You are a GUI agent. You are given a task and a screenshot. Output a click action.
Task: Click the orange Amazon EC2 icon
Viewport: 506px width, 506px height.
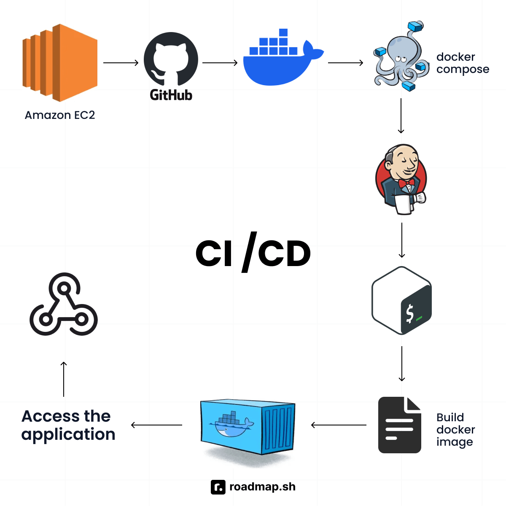click(x=60, y=62)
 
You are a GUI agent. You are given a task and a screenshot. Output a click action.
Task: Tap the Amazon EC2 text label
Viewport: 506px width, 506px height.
click(x=60, y=115)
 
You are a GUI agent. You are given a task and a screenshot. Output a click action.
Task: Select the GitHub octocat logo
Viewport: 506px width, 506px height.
click(x=171, y=59)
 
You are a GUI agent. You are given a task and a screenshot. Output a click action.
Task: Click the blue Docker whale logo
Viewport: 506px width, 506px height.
click(x=280, y=59)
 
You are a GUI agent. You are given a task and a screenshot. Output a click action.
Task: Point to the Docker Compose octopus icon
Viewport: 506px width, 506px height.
click(x=398, y=57)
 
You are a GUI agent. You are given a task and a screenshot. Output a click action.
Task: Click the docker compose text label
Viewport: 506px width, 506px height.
click(x=463, y=63)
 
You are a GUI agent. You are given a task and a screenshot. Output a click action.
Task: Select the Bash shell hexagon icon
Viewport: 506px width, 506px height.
click(x=401, y=300)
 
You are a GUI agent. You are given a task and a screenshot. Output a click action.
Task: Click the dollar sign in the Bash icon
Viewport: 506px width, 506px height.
click(x=409, y=314)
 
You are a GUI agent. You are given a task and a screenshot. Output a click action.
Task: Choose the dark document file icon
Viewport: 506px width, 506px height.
click(x=399, y=425)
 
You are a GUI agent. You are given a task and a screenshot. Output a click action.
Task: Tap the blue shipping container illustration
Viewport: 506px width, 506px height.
click(x=248, y=427)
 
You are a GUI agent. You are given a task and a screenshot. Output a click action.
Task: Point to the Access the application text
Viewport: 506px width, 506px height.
click(x=68, y=425)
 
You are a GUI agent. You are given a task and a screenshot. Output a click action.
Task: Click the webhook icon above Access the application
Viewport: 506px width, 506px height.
click(x=64, y=304)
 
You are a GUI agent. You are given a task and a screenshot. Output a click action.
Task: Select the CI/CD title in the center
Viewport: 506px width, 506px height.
click(x=253, y=253)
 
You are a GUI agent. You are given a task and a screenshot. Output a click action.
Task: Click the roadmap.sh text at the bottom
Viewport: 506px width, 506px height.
click(x=262, y=487)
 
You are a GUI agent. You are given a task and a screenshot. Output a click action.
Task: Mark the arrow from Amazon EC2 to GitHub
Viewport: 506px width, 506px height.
click(x=121, y=63)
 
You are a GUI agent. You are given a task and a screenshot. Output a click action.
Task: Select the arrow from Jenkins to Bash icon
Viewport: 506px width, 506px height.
click(x=401, y=240)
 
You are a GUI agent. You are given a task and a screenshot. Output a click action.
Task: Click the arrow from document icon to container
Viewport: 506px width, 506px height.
click(x=339, y=425)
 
